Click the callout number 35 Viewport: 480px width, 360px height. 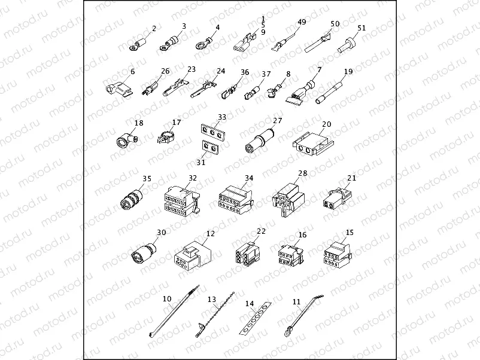(x=147, y=178)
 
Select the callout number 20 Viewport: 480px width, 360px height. (x=326, y=124)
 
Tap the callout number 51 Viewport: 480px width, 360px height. (x=361, y=28)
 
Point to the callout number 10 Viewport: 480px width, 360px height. (x=167, y=298)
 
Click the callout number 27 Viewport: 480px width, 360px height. (x=277, y=120)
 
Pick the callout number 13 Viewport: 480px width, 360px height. (x=211, y=298)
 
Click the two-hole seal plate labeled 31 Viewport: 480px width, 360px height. (x=208, y=146)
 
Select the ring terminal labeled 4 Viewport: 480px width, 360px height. (x=203, y=44)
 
